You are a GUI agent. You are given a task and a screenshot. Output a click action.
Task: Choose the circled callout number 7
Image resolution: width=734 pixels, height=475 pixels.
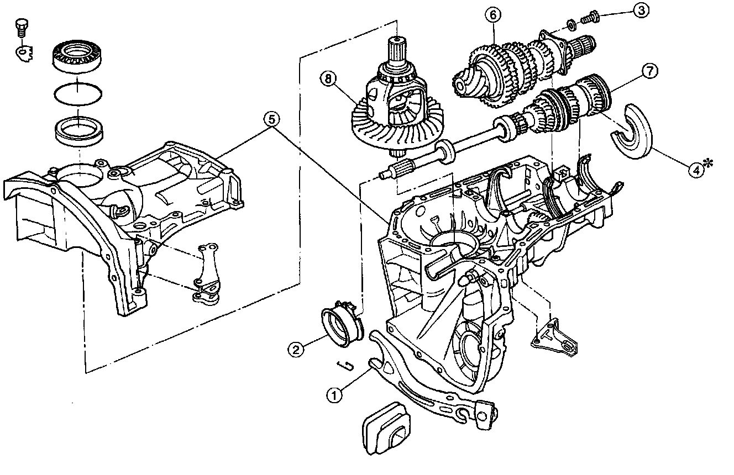coord(649,71)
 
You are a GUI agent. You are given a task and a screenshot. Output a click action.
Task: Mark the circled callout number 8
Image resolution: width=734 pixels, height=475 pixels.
coord(329,79)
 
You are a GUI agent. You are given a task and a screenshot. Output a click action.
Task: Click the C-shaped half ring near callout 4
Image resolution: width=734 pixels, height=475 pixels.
coord(633,130)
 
